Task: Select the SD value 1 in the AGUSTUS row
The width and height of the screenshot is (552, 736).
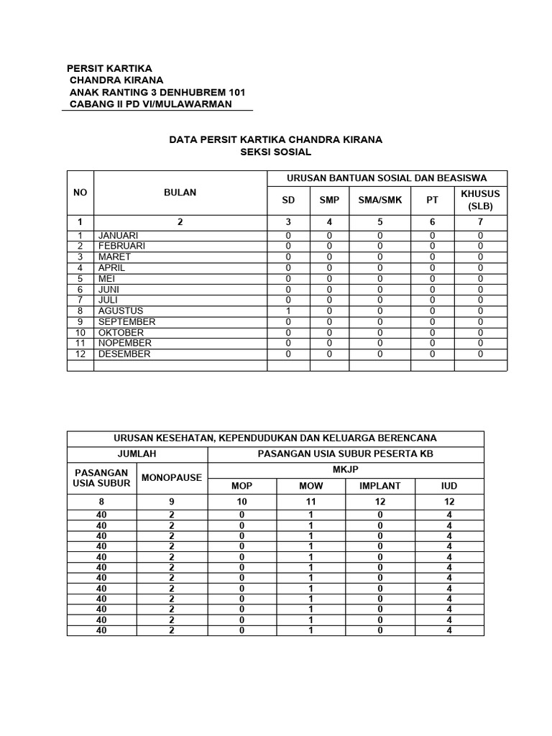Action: pos(288,310)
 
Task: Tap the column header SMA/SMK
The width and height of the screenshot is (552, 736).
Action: pos(380,200)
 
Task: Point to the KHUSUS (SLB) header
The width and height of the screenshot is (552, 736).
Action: pos(480,200)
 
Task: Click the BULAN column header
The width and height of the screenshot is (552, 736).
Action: pos(180,193)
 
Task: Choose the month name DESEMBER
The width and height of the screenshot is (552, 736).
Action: pos(124,354)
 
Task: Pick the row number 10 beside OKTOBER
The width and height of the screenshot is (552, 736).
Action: pos(80,333)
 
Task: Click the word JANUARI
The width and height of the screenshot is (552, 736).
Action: pos(119,235)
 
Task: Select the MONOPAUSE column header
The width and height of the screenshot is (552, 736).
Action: pos(172,477)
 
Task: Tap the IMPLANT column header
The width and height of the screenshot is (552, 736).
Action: pos(379,486)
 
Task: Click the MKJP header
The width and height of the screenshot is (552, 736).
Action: pos(346,469)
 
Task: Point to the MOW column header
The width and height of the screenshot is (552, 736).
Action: pos(310,486)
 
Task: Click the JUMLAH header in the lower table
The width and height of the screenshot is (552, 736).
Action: pos(137,454)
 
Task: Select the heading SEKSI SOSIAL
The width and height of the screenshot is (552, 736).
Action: pos(275,152)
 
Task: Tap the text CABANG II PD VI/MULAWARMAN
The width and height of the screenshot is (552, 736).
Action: pos(150,104)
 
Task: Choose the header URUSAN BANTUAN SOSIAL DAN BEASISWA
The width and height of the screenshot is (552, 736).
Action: pos(387,178)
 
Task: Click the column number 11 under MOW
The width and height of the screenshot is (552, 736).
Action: pos(310,501)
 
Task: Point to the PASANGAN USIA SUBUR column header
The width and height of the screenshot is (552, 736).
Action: pos(102,477)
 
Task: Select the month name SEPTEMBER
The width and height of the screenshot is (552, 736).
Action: pos(126,321)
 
